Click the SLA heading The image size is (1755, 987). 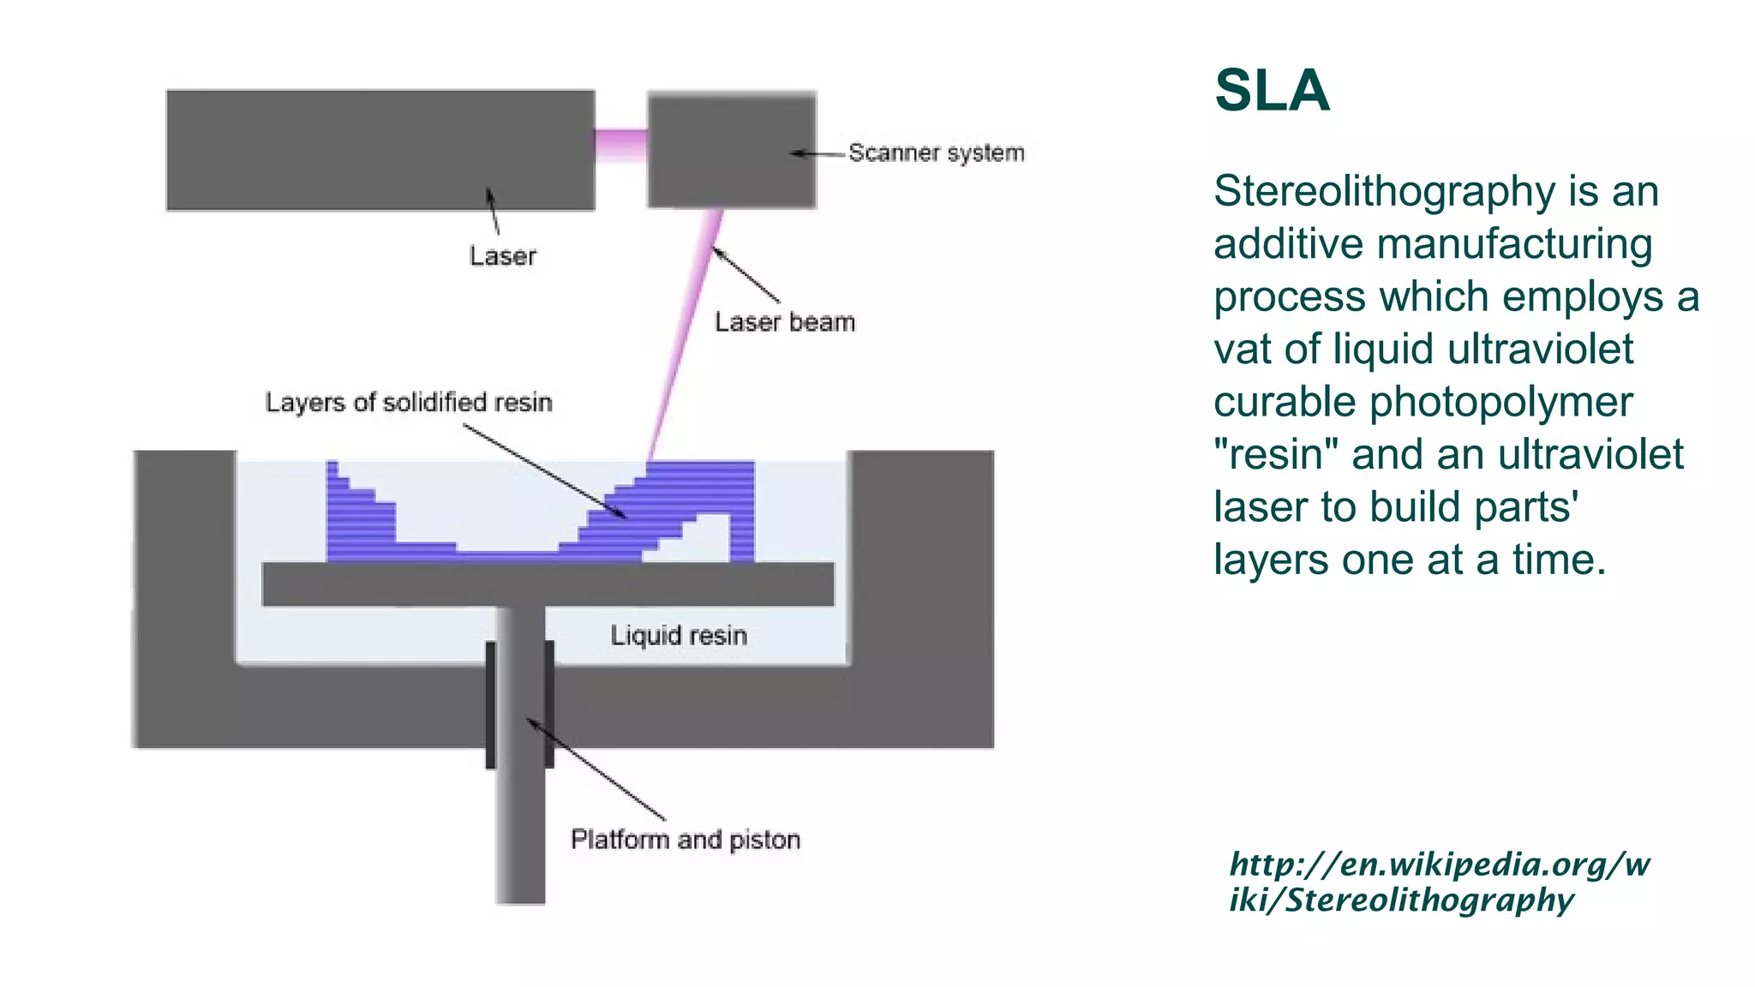tap(1272, 91)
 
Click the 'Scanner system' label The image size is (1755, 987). tap(936, 153)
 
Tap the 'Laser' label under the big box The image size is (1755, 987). tap(502, 256)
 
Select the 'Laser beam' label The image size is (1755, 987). tap(784, 322)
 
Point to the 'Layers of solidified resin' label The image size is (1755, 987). tap(408, 403)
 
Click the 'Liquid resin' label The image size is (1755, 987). tap(678, 636)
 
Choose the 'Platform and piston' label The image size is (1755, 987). tap(685, 840)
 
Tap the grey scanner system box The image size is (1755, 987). tap(731, 150)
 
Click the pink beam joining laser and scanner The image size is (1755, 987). tap(620, 145)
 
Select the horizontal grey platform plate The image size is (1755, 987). tap(548, 584)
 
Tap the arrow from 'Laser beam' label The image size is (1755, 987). tap(746, 274)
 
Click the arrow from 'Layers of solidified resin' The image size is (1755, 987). tap(545, 471)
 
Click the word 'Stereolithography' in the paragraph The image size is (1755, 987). tap(1383, 191)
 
